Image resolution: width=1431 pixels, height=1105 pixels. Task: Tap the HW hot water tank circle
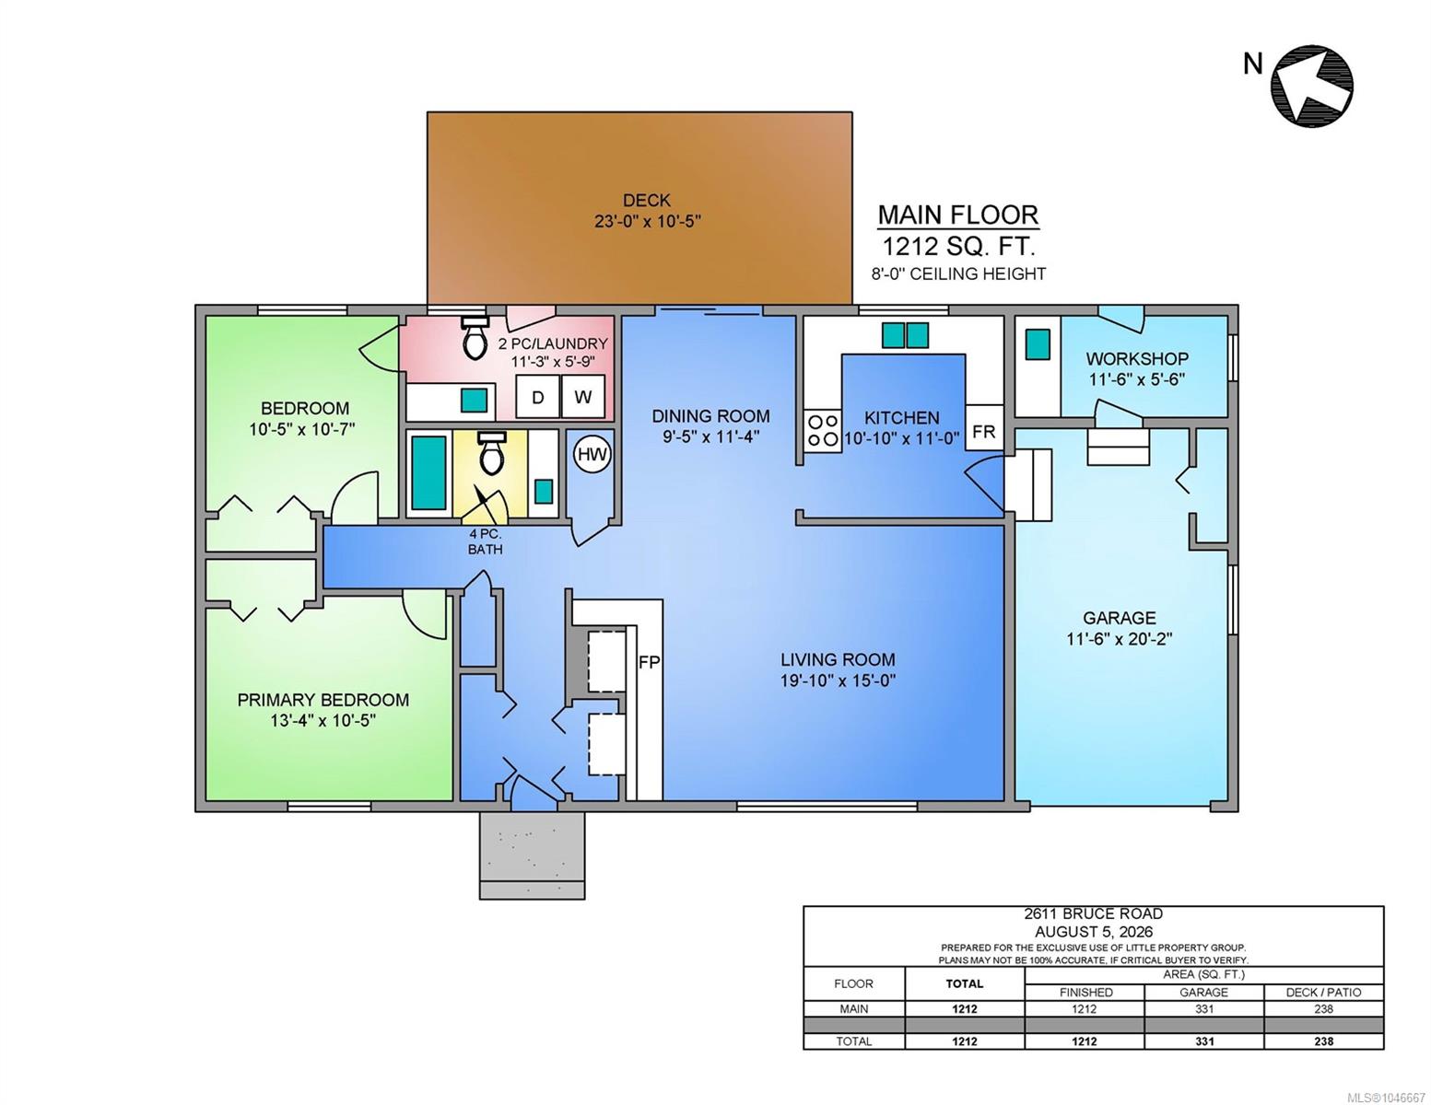point(592,455)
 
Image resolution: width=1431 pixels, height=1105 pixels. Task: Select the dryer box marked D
point(537,397)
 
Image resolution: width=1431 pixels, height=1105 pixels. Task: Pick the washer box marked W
point(582,397)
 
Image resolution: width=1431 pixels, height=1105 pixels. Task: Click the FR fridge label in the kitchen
point(983,433)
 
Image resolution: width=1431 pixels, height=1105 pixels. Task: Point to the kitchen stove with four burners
point(822,430)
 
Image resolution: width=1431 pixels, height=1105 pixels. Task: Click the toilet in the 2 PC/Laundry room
point(474,337)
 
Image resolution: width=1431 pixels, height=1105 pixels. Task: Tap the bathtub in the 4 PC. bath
point(428,472)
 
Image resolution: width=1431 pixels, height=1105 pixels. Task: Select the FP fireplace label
point(649,663)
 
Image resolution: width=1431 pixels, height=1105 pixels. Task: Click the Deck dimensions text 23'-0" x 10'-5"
point(648,221)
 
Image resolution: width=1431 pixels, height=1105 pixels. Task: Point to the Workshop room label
point(1137,359)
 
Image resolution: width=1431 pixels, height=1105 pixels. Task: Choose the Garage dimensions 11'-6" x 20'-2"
point(1120,639)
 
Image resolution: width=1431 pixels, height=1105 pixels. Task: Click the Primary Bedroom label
point(323,700)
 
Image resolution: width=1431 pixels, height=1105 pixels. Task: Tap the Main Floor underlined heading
point(958,215)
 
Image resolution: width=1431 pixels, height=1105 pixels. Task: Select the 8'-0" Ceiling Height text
point(959,273)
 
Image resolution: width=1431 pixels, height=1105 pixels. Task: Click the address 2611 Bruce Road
point(1093,913)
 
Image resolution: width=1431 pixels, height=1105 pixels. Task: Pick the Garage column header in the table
point(1203,993)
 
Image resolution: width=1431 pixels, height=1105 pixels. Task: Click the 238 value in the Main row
point(1323,1009)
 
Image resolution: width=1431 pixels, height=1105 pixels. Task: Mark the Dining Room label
point(710,416)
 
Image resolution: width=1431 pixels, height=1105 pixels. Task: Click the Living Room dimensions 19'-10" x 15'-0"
point(838,680)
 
